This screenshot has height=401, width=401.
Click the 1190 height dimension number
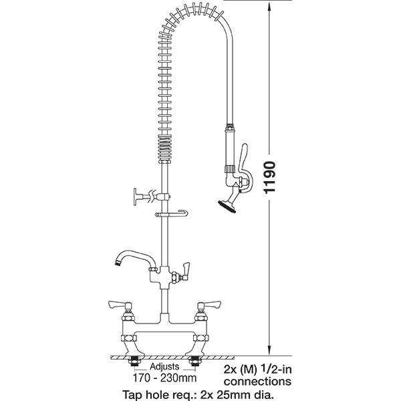click(x=270, y=177)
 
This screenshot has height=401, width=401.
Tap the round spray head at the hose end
click(x=227, y=207)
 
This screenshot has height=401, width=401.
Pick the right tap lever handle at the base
click(x=209, y=305)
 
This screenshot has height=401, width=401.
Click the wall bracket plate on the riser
click(x=136, y=196)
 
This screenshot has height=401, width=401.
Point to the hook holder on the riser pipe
click(x=171, y=214)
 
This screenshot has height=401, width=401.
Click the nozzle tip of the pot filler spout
click(x=118, y=263)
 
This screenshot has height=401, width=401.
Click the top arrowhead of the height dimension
click(x=269, y=6)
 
